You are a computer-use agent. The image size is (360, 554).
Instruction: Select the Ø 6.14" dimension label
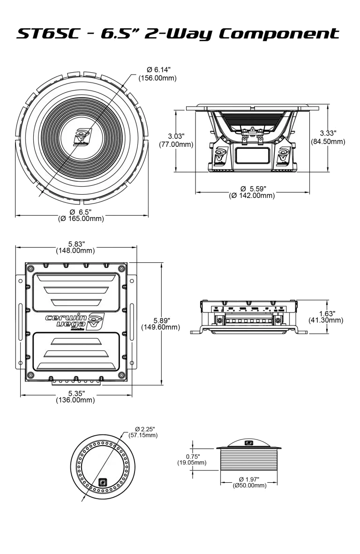[x=157, y=74]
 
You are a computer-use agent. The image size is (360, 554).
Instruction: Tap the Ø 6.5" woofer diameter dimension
[x=81, y=215]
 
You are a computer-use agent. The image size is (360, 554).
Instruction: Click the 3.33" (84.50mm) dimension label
[x=328, y=137]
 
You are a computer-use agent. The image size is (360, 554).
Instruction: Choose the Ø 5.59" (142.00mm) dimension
[x=252, y=192]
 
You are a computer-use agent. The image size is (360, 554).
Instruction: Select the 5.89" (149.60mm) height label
[x=160, y=323]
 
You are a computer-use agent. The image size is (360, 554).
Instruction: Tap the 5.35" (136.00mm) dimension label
[x=76, y=397]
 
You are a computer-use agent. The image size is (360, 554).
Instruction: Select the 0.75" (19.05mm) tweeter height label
[x=191, y=460]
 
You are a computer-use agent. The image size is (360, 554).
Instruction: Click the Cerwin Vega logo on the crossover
[x=74, y=321]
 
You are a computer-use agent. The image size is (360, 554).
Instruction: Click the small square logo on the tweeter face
[x=103, y=481]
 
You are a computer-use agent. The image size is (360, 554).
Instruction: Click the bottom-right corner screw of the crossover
[x=123, y=375]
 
